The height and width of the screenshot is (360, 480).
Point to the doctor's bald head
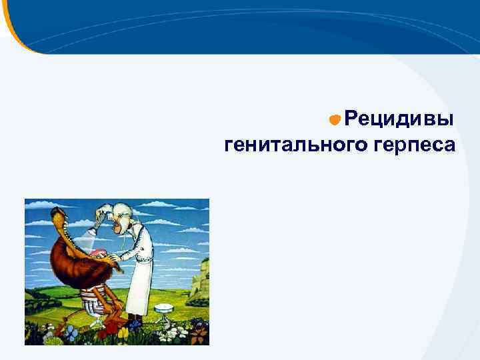[122, 212]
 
